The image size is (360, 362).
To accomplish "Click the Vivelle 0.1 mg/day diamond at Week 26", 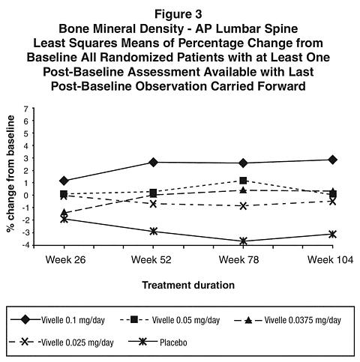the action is tap(64, 181).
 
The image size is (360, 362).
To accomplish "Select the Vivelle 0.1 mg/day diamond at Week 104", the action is tap(332, 160).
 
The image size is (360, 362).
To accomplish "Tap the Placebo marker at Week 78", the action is tap(243, 241).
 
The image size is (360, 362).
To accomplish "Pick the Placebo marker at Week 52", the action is tap(154, 231).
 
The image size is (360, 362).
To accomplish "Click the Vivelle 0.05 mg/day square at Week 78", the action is tap(243, 181).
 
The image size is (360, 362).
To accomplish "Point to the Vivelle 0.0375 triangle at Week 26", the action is tap(64, 213).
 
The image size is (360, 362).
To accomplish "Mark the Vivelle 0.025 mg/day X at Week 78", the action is tap(243, 206).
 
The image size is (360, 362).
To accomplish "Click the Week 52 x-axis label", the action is tap(151, 260).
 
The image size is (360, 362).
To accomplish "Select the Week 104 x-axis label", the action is tap(330, 260).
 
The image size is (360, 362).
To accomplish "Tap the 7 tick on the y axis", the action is tap(25, 109).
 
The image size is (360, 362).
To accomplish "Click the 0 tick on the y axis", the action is tap(25, 196).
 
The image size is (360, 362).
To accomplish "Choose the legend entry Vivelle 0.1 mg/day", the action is tap(58, 320).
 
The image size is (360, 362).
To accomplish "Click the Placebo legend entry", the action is tap(157, 342).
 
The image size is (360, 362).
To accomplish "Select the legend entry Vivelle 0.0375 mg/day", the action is tap(288, 320).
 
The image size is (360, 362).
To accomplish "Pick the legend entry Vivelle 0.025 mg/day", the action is tap(61, 342).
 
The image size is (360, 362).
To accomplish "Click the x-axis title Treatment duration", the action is tap(188, 285).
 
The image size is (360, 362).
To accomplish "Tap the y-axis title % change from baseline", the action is tap(10, 174).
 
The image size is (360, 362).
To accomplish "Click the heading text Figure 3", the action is tap(178, 14).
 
